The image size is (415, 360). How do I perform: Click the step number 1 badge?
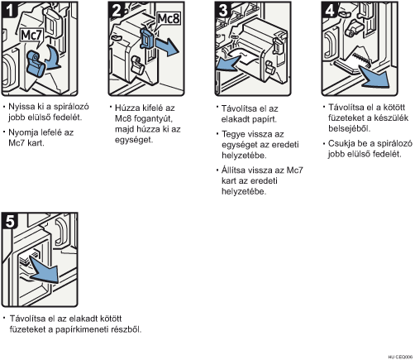coord(9,10)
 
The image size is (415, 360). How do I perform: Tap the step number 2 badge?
coord(117,10)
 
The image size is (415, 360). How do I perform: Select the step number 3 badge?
coord(223,10)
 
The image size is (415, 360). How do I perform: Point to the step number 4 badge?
coord(330,10)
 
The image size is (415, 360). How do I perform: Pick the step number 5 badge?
coord(9,221)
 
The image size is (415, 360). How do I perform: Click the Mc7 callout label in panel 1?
coord(31,36)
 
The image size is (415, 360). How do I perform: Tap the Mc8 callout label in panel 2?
coord(169,19)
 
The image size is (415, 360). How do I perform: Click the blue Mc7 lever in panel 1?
coord(36,64)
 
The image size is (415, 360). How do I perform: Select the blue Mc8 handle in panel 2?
coord(148,39)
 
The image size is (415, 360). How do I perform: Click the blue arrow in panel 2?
coord(167,46)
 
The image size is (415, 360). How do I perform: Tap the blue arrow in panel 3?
coord(229,64)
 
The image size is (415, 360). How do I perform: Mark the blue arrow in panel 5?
coord(44,271)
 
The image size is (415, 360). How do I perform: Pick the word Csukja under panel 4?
coord(341,144)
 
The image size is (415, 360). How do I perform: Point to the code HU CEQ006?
coord(400,357)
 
